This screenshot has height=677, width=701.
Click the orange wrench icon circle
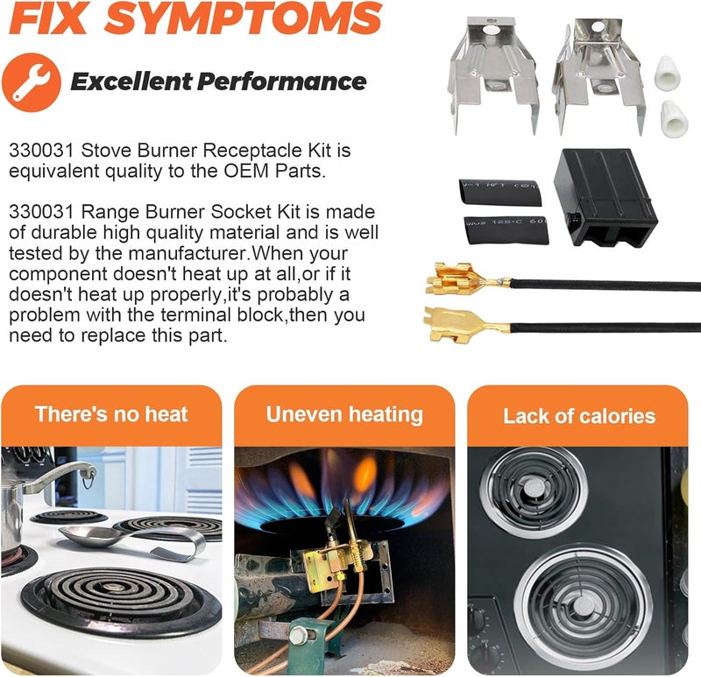point(32,82)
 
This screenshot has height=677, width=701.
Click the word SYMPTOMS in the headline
point(244,18)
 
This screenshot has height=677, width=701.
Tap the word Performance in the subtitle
point(281,81)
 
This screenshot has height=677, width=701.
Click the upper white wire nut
point(664,72)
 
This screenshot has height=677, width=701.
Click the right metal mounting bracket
point(598,74)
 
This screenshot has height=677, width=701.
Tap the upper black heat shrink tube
point(500,192)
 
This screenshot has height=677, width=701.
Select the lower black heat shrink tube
point(506,230)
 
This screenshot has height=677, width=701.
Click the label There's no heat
point(111,414)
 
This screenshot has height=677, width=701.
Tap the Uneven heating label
point(344,414)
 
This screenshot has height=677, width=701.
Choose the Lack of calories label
point(579,416)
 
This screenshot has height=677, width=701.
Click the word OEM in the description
point(246,171)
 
